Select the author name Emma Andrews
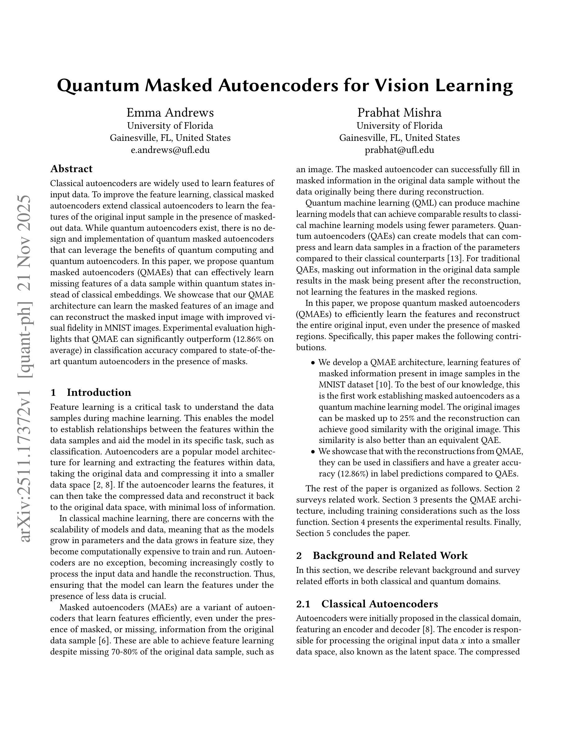[170, 112]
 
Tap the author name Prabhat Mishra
[399, 112]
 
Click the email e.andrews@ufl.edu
[170, 150]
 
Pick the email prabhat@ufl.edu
[399, 150]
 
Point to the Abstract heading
[71, 169]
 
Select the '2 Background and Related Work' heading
[382, 556]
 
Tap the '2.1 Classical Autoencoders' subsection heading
[367, 604]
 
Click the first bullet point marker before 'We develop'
[313, 363]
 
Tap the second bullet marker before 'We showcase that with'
[313, 452]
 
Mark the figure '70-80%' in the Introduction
[124, 652]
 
